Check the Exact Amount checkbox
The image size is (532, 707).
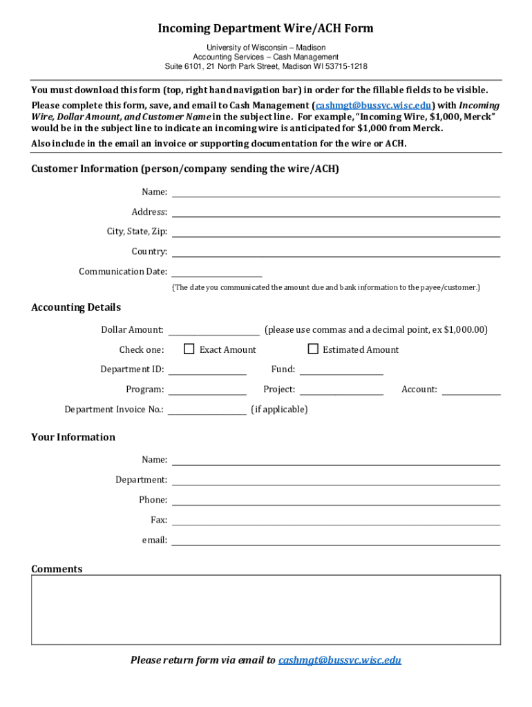tap(189, 349)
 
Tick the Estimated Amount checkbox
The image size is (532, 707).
tap(312, 349)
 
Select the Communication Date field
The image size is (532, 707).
tap(216, 271)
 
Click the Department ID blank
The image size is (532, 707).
tap(207, 369)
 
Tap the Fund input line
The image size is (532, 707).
tap(341, 369)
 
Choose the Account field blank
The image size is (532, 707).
tap(471, 389)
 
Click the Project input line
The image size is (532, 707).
tap(341, 389)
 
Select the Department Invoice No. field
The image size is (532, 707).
tap(207, 409)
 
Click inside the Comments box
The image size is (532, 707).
tap(266, 610)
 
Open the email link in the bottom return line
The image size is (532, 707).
tap(339, 660)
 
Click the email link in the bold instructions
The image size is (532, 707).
tap(374, 106)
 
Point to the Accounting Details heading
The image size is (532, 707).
tap(76, 307)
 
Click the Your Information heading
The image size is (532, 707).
tap(73, 437)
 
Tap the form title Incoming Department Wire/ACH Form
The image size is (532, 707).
tap(266, 28)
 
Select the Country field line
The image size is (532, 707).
tap(336, 251)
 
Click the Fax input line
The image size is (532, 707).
tap(336, 519)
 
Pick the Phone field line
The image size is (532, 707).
tap(336, 499)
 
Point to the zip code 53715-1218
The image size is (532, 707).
tap(344, 66)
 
